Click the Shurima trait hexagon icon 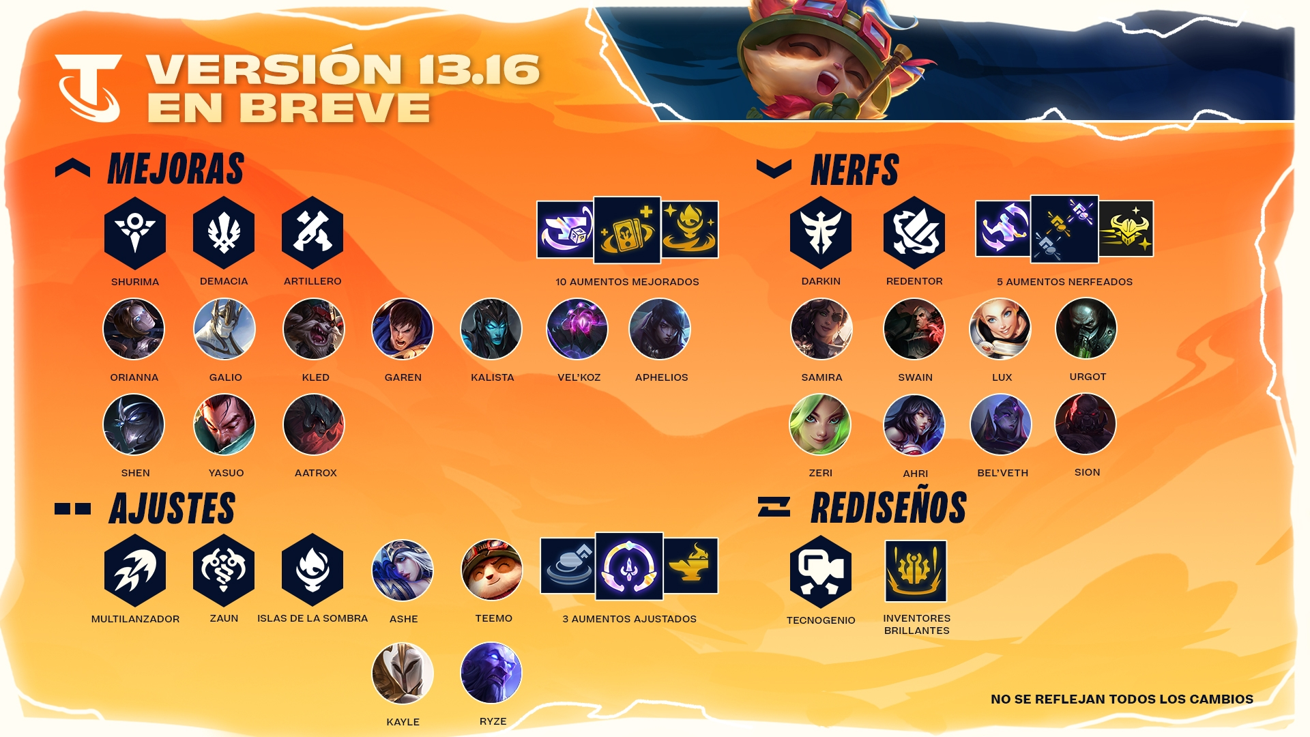pyautogui.click(x=135, y=233)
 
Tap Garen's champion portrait pyautogui.click(x=403, y=329)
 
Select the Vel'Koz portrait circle pyautogui.click(x=577, y=329)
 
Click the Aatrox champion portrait pyautogui.click(x=314, y=424)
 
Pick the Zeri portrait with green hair pyautogui.click(x=820, y=424)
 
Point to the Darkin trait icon pyautogui.click(x=821, y=233)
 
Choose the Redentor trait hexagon pyautogui.click(x=914, y=233)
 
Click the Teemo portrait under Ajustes pyautogui.click(x=492, y=570)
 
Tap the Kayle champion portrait pyautogui.click(x=403, y=674)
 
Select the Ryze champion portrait pyautogui.click(x=491, y=673)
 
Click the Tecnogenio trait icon pyautogui.click(x=821, y=572)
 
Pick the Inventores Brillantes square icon pyautogui.click(x=916, y=571)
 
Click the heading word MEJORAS pyautogui.click(x=176, y=169)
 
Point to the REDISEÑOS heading pyautogui.click(x=889, y=508)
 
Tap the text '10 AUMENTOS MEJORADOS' pyautogui.click(x=627, y=282)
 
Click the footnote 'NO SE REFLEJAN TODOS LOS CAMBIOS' pyautogui.click(x=1122, y=699)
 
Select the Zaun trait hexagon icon pyautogui.click(x=224, y=570)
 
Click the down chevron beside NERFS pyautogui.click(x=774, y=168)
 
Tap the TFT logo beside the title pyautogui.click(x=89, y=87)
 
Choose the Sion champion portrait pyautogui.click(x=1086, y=424)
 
